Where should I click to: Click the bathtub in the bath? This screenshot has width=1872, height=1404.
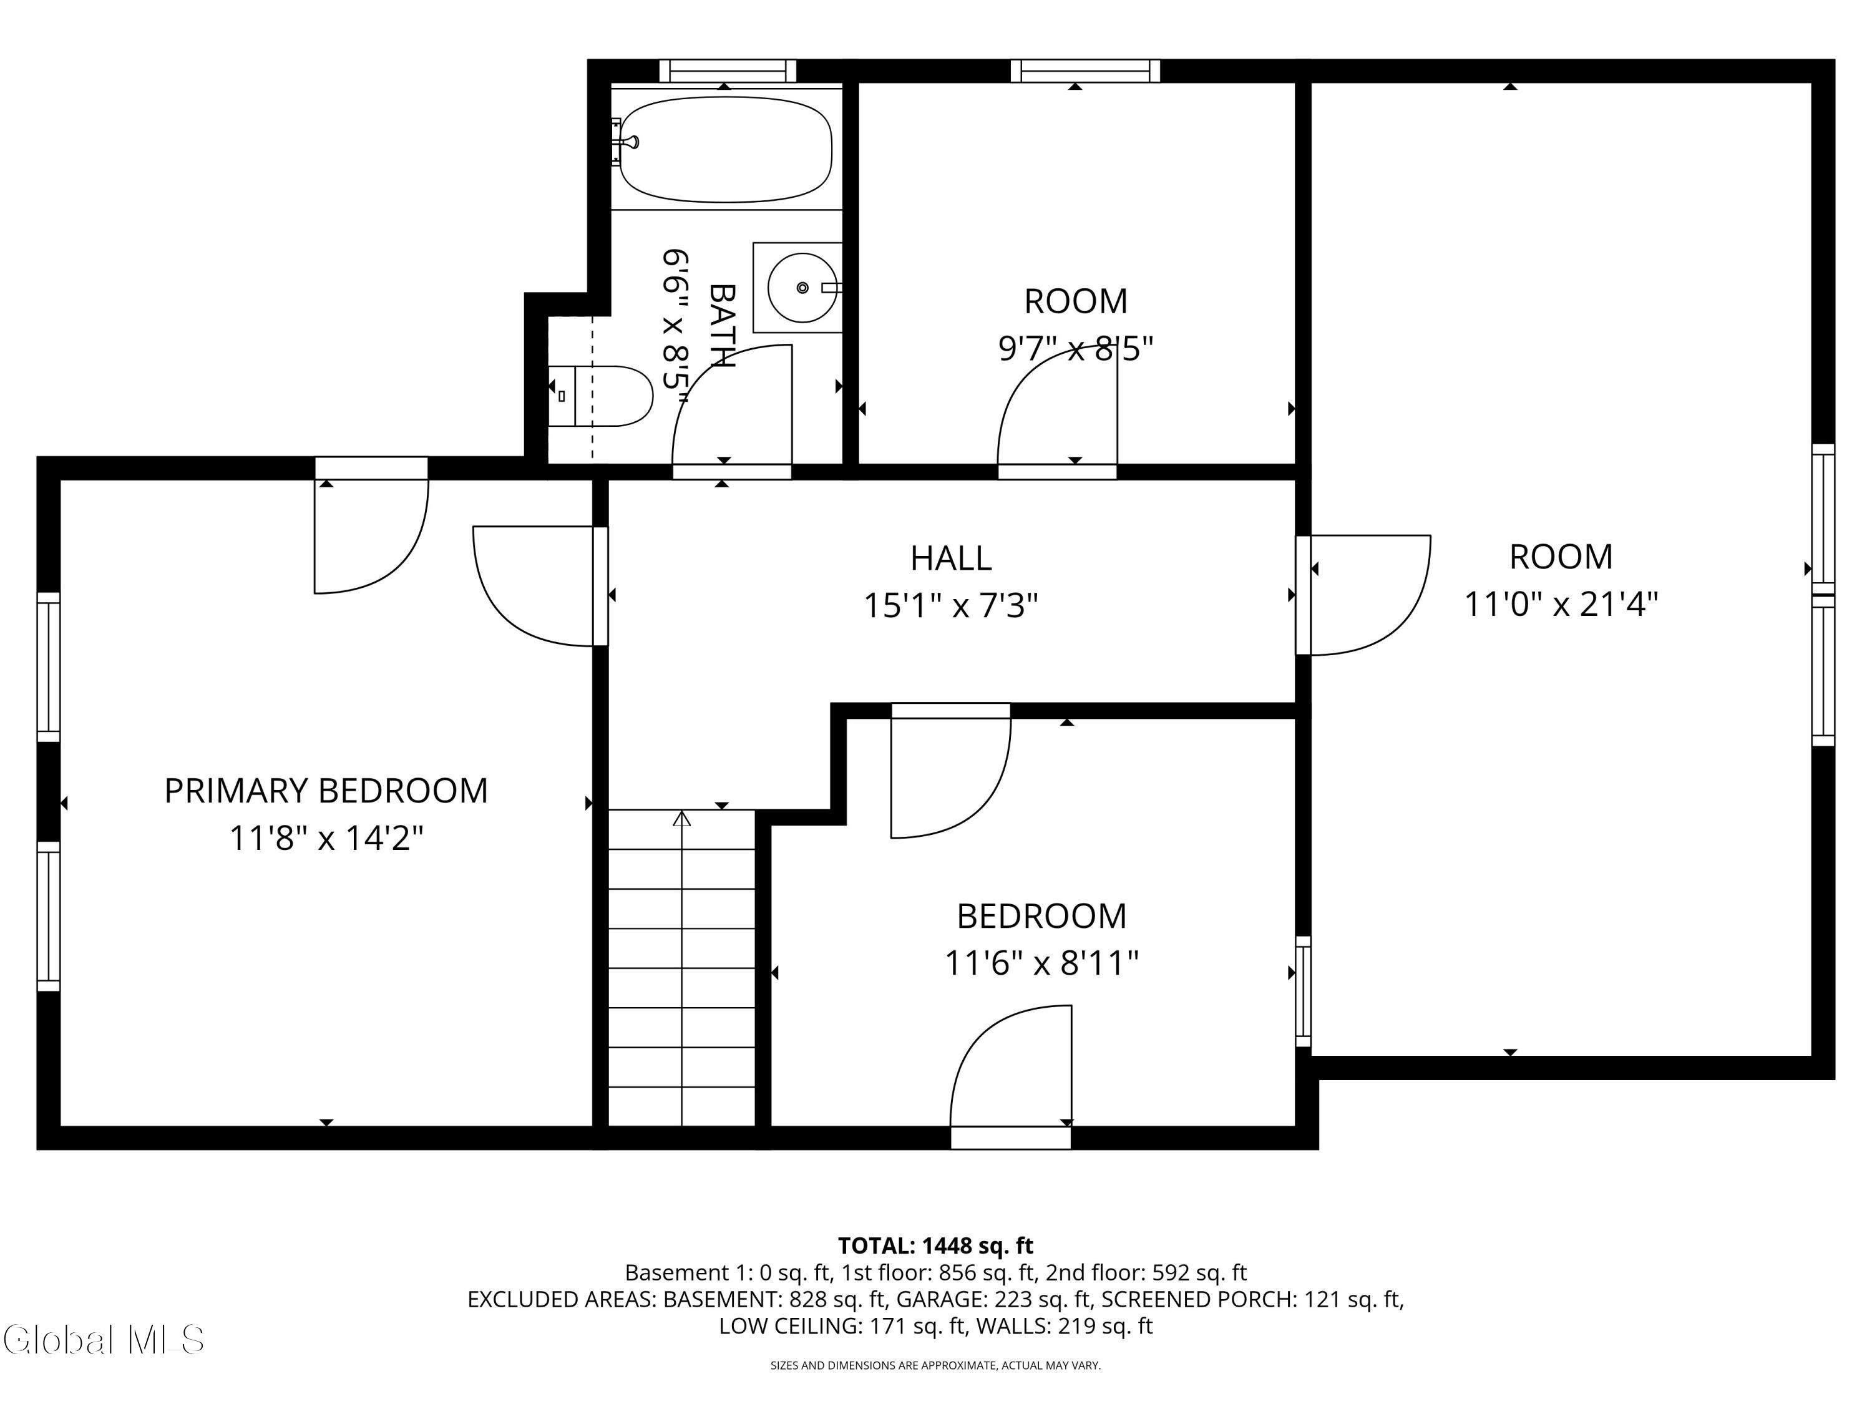pyautogui.click(x=725, y=150)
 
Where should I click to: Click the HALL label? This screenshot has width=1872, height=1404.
pyautogui.click(x=950, y=558)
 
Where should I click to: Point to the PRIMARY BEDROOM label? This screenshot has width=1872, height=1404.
pyautogui.click(x=326, y=791)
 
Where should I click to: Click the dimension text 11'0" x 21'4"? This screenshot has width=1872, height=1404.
pyautogui.click(x=1561, y=604)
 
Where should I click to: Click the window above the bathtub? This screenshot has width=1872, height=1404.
pyautogui.click(x=727, y=71)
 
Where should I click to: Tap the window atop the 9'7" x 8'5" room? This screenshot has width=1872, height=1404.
pyautogui.click(x=1085, y=71)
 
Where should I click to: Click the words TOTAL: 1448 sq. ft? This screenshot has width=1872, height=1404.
pyautogui.click(x=935, y=1246)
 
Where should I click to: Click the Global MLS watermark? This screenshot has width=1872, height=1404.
pyautogui.click(x=103, y=1340)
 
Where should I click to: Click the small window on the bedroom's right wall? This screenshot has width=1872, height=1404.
pyautogui.click(x=1304, y=992)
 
